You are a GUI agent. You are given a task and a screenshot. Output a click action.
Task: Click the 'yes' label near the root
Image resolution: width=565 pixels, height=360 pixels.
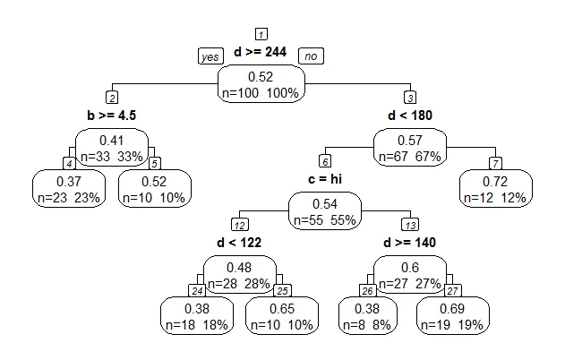(210, 56)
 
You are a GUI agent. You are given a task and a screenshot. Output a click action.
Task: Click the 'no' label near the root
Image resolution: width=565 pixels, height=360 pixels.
(311, 56)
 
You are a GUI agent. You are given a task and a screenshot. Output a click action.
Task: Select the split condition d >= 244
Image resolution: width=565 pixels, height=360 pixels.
(260, 53)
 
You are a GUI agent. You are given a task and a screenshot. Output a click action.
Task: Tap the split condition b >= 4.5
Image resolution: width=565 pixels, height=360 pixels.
(111, 116)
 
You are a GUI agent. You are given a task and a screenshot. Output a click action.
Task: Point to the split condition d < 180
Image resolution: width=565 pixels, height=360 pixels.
(409, 116)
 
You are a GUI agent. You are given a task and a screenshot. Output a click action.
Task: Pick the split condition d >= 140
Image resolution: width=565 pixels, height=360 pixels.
(409, 243)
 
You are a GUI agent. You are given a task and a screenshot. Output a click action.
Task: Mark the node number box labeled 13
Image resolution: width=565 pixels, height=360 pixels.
(410, 224)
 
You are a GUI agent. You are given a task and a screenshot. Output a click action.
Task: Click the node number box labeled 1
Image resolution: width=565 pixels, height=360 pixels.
(261, 34)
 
